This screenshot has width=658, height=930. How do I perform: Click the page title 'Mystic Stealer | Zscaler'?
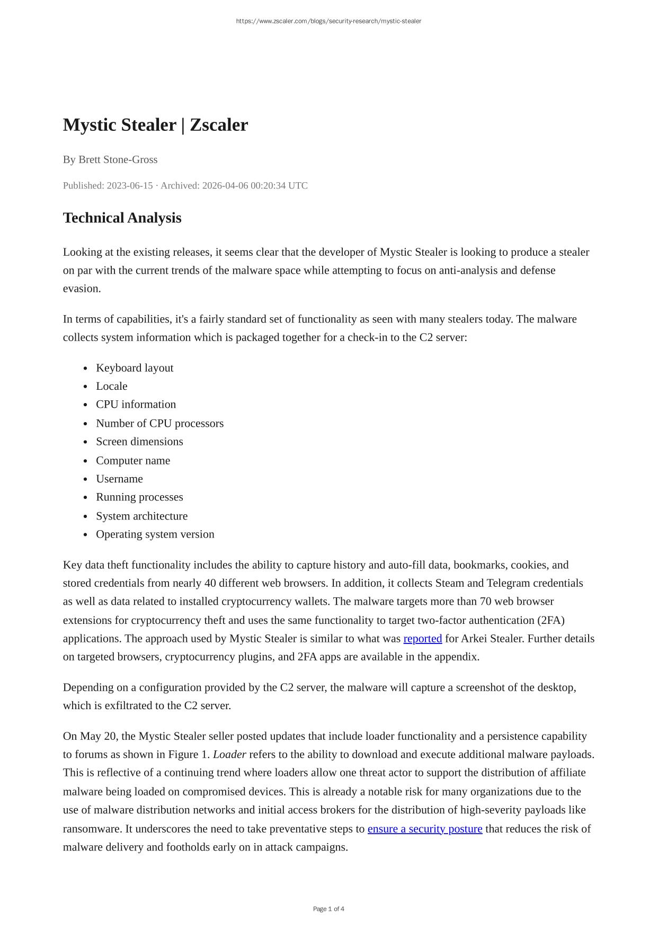click(155, 125)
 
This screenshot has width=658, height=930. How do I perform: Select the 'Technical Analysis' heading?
click(122, 218)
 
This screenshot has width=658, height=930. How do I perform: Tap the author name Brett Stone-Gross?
click(118, 159)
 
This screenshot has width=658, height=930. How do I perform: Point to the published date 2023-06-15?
click(129, 185)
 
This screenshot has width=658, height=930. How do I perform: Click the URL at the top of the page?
click(328, 21)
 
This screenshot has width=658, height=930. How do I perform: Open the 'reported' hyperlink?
click(422, 639)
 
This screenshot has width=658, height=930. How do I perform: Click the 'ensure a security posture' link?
click(424, 829)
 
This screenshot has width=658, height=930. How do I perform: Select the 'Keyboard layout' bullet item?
click(135, 368)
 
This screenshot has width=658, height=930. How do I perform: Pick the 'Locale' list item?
click(112, 386)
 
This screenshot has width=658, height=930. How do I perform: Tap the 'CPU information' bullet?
click(136, 405)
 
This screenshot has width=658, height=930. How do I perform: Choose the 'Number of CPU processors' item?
click(159, 423)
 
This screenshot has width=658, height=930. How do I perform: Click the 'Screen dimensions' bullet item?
click(139, 442)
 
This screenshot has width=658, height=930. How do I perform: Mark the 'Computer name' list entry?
click(133, 460)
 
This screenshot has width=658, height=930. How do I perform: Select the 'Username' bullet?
click(119, 479)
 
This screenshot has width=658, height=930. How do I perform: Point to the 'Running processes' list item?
click(139, 497)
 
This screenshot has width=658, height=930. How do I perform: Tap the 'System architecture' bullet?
click(141, 516)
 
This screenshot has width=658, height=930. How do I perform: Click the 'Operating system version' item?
click(155, 534)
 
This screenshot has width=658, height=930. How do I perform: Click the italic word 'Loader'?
click(229, 755)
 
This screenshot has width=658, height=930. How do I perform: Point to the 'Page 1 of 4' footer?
click(328, 909)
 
